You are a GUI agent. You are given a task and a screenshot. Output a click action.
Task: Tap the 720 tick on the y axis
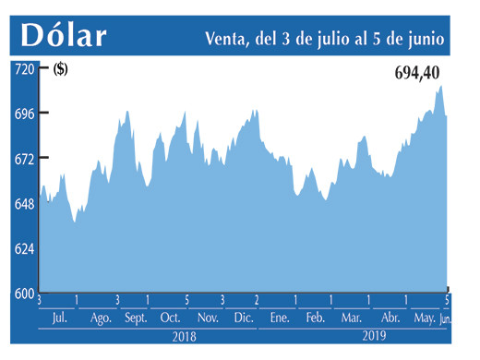coord(22,69)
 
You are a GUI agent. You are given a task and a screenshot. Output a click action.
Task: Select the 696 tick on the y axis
coord(22,114)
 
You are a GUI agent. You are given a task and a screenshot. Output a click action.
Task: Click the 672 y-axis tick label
coord(22,159)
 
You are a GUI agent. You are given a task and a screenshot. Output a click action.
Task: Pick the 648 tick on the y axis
coord(22,204)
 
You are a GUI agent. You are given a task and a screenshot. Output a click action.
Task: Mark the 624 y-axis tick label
coord(22,249)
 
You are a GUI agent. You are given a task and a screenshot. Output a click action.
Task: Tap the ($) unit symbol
coord(61,69)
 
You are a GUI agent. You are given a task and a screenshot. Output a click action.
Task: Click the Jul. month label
coord(58,318)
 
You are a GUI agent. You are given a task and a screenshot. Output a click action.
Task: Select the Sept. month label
coord(135,318)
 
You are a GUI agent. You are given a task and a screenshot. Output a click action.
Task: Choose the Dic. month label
coord(244,318)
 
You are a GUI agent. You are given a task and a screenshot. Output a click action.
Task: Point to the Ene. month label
coord(280,318)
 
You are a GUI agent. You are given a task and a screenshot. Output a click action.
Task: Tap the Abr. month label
coord(390,318)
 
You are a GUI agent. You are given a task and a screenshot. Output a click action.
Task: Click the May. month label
coord(424,318)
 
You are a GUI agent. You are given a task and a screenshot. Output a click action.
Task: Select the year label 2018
coord(185,339)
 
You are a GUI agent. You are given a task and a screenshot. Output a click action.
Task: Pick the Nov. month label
coord(208,318)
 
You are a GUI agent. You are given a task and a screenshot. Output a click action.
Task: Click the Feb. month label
coord(316,318)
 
